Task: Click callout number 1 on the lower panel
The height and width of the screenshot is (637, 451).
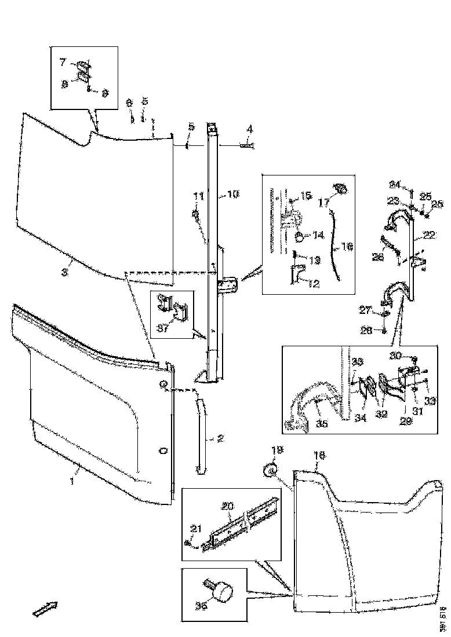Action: click(72, 481)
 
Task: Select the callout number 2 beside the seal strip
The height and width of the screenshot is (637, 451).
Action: click(220, 438)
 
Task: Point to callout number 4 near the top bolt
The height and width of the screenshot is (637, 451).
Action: click(249, 129)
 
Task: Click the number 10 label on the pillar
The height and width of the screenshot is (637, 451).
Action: click(232, 195)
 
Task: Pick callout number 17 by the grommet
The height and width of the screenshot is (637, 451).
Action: click(323, 203)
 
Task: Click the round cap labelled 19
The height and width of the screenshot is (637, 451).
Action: click(269, 471)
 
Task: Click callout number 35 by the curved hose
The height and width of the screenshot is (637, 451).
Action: click(322, 424)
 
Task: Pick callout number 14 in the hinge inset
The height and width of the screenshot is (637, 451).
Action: click(318, 235)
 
